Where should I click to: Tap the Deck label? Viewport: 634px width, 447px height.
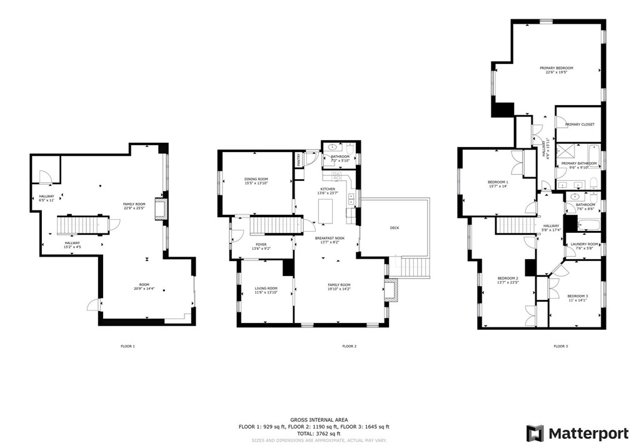394,228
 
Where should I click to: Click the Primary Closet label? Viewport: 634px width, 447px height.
580,125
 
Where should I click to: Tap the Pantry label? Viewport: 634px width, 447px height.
298,160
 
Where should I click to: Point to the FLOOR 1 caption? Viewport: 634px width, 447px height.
128,346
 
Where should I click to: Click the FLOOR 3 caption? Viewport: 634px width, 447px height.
560,346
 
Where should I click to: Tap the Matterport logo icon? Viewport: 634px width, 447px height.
535,433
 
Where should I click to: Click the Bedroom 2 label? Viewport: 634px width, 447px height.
508,280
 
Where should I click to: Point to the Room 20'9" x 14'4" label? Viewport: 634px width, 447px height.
145,287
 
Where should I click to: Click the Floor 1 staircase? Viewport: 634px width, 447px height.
82,224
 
